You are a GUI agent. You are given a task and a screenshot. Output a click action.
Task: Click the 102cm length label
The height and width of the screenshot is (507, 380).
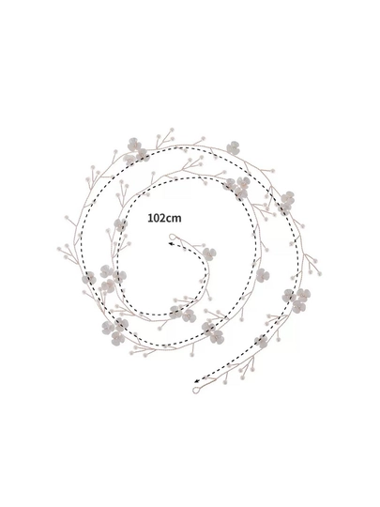point(164,218)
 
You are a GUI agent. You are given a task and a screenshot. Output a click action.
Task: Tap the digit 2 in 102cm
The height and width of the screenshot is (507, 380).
point(162,218)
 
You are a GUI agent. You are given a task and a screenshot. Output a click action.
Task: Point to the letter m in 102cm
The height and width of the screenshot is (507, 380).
point(177,219)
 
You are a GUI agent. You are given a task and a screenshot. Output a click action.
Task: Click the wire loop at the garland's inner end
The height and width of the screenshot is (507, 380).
point(173,237)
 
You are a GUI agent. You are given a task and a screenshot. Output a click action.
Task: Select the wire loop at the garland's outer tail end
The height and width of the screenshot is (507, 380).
point(196,391)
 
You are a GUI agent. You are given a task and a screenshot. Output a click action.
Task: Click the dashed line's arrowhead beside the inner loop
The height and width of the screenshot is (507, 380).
point(172,244)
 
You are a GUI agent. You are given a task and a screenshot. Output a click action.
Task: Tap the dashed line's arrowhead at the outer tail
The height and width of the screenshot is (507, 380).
point(197,381)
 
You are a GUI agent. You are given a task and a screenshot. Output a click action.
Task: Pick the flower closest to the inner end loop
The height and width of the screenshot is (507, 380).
point(209,254)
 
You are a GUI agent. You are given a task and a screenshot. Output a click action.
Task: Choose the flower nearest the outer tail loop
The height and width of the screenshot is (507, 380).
point(261,341)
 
